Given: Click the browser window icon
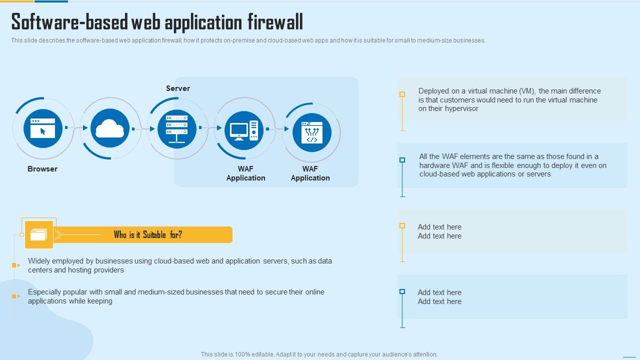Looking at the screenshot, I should tap(42, 128).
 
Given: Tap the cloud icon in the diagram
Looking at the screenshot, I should tap(109, 128).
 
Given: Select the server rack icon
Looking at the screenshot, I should tap(176, 128).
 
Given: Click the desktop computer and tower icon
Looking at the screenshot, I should tap(244, 130).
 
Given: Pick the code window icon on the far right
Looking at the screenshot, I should tap(311, 132).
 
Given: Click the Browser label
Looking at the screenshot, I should tap(42, 169).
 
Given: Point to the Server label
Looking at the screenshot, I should tap(178, 88).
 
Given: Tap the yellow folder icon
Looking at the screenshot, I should tap(39, 234).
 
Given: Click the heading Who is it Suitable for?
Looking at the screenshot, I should tap(148, 234).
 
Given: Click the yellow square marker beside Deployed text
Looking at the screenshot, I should tap(402, 94).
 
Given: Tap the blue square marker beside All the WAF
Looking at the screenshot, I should tap(402, 160).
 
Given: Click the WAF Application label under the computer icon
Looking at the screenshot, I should tap(245, 173).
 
